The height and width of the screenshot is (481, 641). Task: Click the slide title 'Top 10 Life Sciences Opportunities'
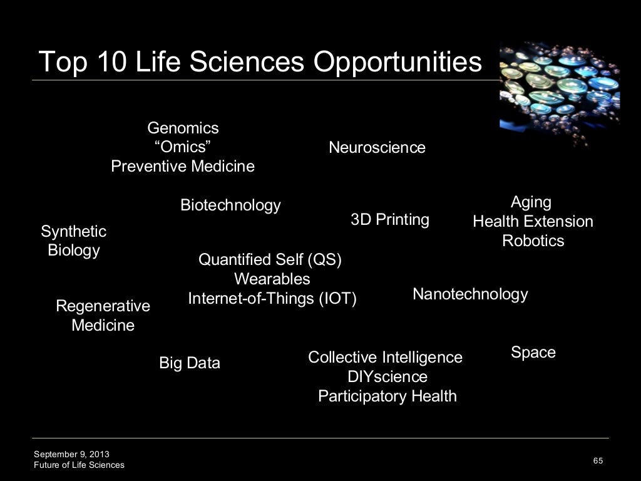(x=260, y=62)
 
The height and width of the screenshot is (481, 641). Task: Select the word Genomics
(x=183, y=128)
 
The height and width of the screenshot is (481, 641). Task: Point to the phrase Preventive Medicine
(x=183, y=167)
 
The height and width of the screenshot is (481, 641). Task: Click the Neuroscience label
(x=377, y=148)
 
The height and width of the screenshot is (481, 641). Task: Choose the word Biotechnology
(x=230, y=205)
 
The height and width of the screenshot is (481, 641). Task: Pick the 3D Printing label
(x=390, y=220)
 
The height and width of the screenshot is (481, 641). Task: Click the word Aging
(x=531, y=202)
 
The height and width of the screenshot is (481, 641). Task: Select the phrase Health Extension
(x=533, y=222)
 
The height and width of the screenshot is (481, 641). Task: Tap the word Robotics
(x=533, y=241)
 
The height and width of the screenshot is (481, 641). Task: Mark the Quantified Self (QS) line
(x=270, y=259)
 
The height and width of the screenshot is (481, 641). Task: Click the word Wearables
(x=272, y=279)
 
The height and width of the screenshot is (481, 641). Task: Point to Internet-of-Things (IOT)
(x=272, y=299)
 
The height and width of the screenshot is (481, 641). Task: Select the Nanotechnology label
(x=470, y=294)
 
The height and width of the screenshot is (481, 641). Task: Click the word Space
(x=533, y=353)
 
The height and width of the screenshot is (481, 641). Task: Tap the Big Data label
(x=190, y=363)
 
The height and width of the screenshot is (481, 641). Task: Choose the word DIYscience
(x=387, y=377)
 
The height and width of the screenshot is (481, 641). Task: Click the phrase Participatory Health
(x=387, y=396)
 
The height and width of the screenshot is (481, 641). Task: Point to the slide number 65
(x=598, y=461)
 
